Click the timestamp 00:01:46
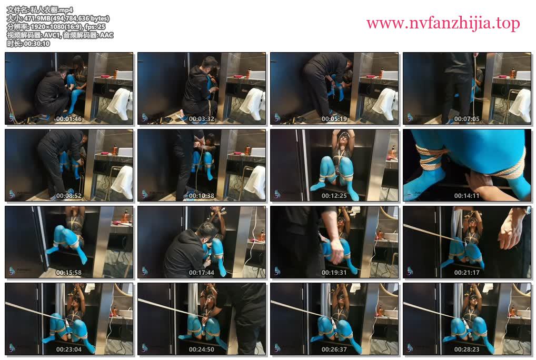click(x=68, y=119)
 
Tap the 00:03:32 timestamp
click(x=201, y=119)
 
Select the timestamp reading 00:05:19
click(x=334, y=119)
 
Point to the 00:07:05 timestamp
click(x=466, y=119)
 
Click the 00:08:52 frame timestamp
click(x=68, y=196)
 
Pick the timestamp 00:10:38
click(x=201, y=196)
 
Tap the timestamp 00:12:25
click(x=334, y=196)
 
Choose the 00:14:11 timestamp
click(x=466, y=196)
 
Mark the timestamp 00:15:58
click(x=68, y=273)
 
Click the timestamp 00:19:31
click(x=334, y=273)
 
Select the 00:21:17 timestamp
click(x=466, y=273)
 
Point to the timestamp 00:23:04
click(x=68, y=349)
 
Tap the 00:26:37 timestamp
click(x=334, y=349)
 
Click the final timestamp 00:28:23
click(x=466, y=349)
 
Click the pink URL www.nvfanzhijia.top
click(x=443, y=23)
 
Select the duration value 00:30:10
click(x=37, y=44)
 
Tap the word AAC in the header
click(x=106, y=35)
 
